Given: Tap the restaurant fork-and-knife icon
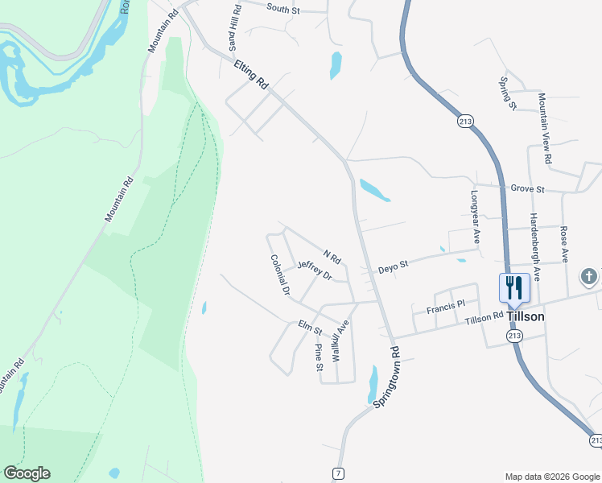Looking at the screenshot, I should [x=513, y=287].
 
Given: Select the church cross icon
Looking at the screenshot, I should [x=589, y=277].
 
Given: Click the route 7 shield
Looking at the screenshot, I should [x=339, y=473].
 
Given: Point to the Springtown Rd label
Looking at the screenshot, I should [x=386, y=378].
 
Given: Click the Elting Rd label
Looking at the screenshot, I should [x=251, y=75].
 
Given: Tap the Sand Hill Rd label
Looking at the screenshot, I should [x=235, y=27].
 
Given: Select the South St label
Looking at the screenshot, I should [x=282, y=8].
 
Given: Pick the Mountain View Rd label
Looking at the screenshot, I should [x=545, y=129].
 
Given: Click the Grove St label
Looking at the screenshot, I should [x=528, y=189].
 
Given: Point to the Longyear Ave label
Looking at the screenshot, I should [x=475, y=217].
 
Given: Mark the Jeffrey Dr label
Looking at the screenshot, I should [x=314, y=270].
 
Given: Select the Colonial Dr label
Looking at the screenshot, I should [x=279, y=275].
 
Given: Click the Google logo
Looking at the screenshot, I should [x=27, y=473].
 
